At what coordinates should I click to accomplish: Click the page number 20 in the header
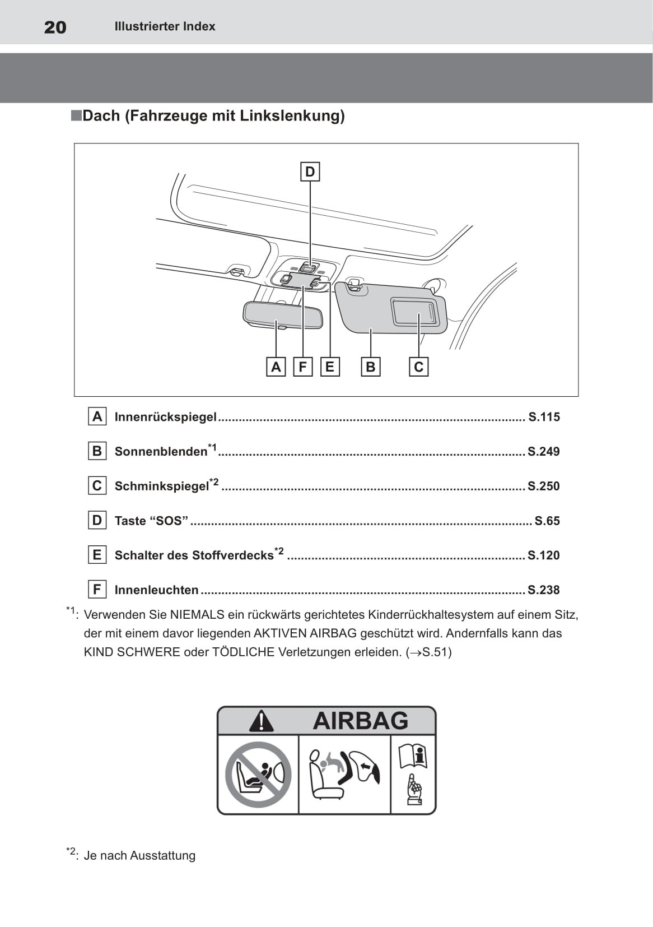55,27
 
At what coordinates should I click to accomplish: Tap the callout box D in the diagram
310,172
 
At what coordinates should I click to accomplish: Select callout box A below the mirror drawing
276,367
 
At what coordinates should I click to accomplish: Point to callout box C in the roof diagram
418,367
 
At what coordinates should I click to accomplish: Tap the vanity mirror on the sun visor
414,311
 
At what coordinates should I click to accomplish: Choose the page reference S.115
544,417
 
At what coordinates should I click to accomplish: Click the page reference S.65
547,521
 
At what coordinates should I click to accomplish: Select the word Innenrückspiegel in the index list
165,417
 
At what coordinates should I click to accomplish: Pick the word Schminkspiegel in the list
161,486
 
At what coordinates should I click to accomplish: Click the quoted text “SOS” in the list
169,521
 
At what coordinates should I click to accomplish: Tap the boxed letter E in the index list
97,555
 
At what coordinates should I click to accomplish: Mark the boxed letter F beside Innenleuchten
97,590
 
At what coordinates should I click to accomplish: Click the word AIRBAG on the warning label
361,721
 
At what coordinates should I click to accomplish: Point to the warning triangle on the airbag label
261,721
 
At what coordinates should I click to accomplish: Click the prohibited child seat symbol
258,775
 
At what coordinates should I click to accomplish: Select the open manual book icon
413,756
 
